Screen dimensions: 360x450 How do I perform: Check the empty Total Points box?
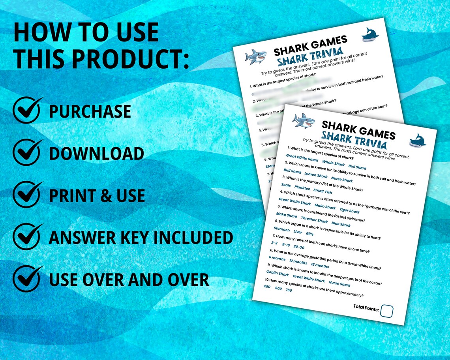(386, 311)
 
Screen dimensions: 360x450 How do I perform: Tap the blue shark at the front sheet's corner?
(417, 140)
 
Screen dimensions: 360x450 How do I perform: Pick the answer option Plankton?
(302, 188)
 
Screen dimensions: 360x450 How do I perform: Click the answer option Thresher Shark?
(314, 220)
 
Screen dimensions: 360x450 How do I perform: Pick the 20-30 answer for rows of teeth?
(299, 247)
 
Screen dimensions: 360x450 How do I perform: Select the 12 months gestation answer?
(298, 262)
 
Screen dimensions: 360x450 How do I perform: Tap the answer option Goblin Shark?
(277, 274)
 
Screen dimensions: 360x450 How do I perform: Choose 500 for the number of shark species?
(278, 289)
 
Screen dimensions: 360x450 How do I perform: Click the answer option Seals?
(286, 185)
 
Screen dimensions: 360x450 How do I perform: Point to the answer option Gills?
(309, 234)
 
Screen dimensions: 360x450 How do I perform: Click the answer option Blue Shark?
(341, 225)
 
